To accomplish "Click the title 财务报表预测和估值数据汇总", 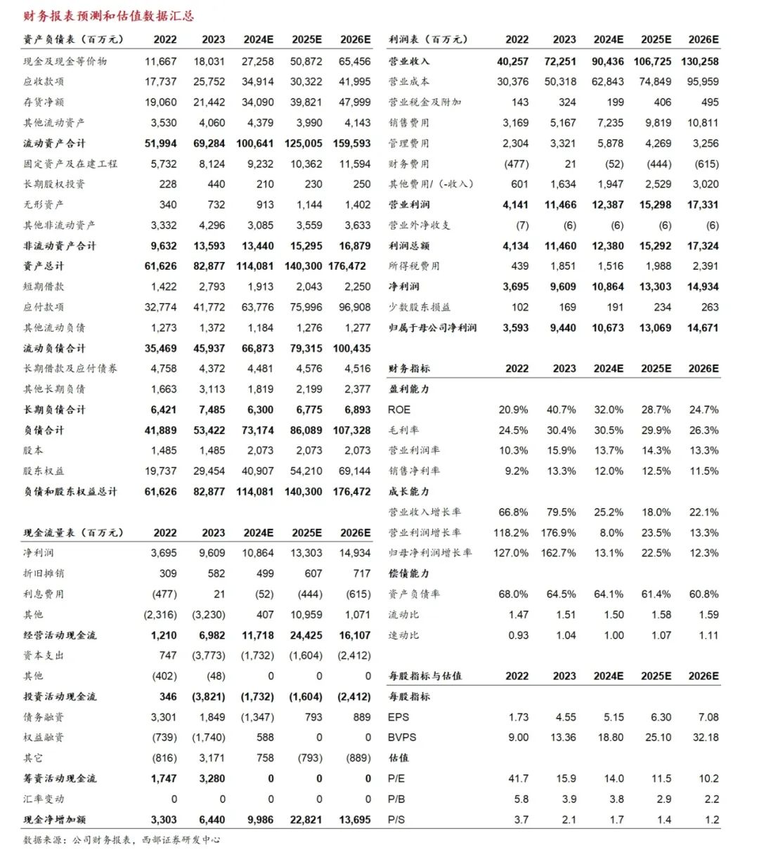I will [108, 15].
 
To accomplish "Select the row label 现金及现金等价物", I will [65, 61].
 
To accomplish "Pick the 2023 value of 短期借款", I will [209, 287].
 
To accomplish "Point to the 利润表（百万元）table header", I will [428, 39].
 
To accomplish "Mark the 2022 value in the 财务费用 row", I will [516, 164].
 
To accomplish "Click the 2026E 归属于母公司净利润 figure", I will [703, 327].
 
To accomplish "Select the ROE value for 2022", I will [513, 410].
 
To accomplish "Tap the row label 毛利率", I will [403, 430].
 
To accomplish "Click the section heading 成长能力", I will [408, 492].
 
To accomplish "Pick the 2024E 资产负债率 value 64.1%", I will [609, 594].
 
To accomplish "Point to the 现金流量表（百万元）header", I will [73, 533].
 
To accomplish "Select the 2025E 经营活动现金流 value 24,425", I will [306, 635].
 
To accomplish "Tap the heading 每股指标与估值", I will [425, 676].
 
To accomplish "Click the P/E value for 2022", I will [519, 778].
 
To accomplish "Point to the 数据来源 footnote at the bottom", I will [122, 840].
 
